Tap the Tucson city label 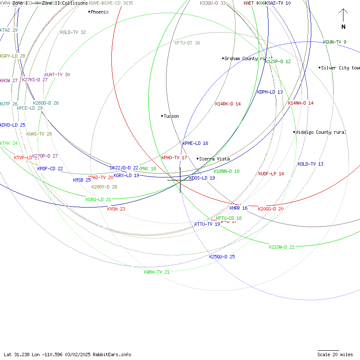(171, 116)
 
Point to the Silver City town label (340, 68)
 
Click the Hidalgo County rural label (321, 132)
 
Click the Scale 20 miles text (335, 354)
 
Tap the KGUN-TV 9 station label (335, 42)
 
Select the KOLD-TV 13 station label (310, 164)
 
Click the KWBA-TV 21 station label (157, 272)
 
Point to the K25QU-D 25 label (222, 257)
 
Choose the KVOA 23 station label (116, 209)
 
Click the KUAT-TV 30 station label (57, 75)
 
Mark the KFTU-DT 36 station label (187, 43)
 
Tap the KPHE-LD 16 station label (195, 143)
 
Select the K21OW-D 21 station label (282, 247)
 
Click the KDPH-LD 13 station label (270, 92)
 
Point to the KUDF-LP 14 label (271, 174)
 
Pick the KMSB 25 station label (82, 180)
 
